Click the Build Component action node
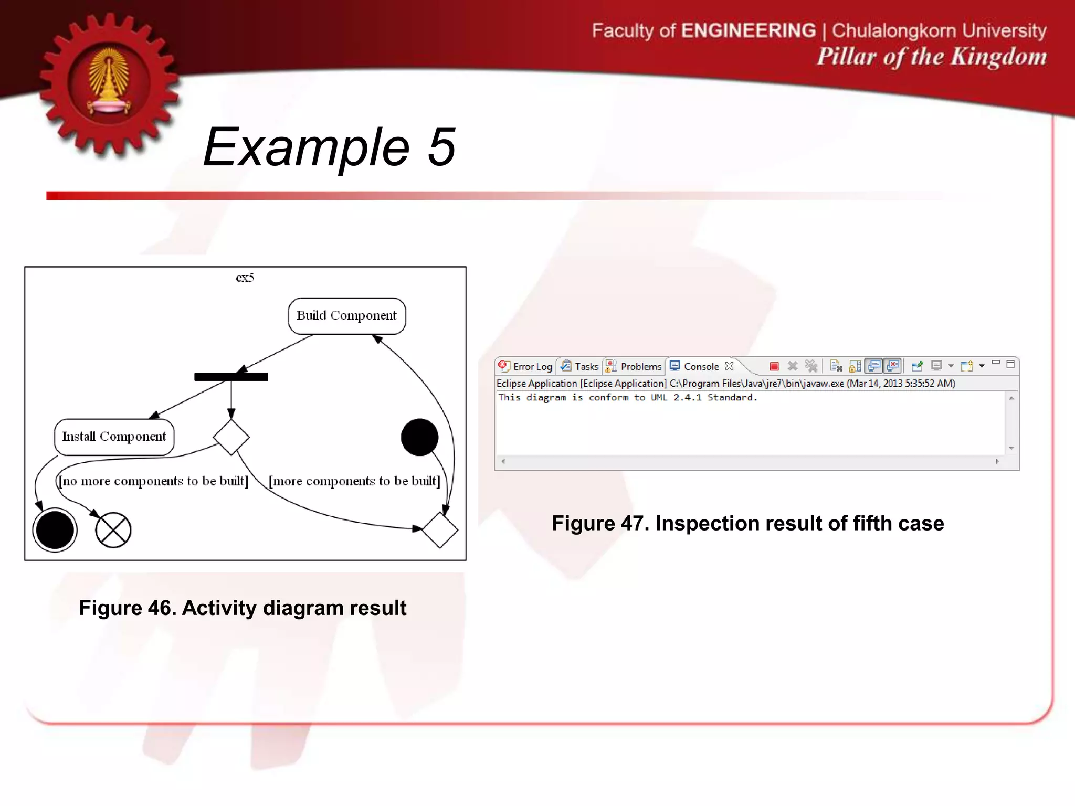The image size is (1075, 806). pyautogui.click(x=346, y=316)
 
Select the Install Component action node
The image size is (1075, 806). pyautogui.click(x=114, y=437)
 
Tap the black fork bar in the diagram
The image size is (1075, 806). pyautogui.click(x=231, y=377)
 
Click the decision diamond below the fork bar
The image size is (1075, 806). pyautogui.click(x=231, y=437)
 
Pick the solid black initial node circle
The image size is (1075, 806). pyautogui.click(x=419, y=437)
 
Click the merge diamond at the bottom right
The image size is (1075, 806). pyautogui.click(x=440, y=530)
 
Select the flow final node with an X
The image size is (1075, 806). pyautogui.click(x=113, y=530)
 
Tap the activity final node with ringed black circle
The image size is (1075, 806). pyautogui.click(x=55, y=530)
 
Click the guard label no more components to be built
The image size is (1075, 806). pyautogui.click(x=153, y=481)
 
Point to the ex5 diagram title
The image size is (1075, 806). pyautogui.click(x=245, y=278)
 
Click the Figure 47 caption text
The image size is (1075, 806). pyautogui.click(x=747, y=523)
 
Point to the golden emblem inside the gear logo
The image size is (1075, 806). pyautogui.click(x=109, y=81)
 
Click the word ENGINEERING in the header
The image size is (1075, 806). pyautogui.click(x=748, y=30)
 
